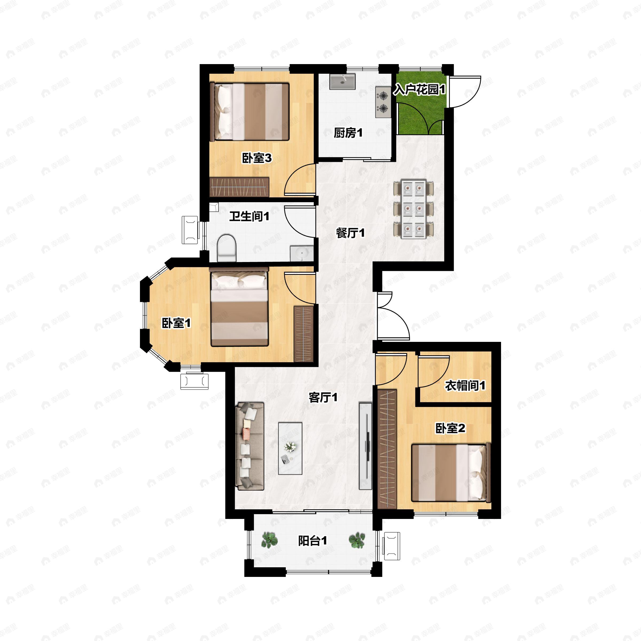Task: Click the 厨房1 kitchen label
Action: pyautogui.click(x=348, y=133)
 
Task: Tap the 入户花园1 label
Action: pyautogui.click(x=419, y=89)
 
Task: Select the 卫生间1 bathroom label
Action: pyautogui.click(x=249, y=217)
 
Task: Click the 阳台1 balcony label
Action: pyautogui.click(x=312, y=541)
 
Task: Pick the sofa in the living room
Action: pyautogui.click(x=249, y=446)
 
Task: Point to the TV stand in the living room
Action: pyautogui.click(x=365, y=446)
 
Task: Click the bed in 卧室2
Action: pyautogui.click(x=451, y=473)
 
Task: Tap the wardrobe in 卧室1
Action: pyautogui.click(x=304, y=334)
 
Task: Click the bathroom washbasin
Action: pyautogui.click(x=302, y=253)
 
